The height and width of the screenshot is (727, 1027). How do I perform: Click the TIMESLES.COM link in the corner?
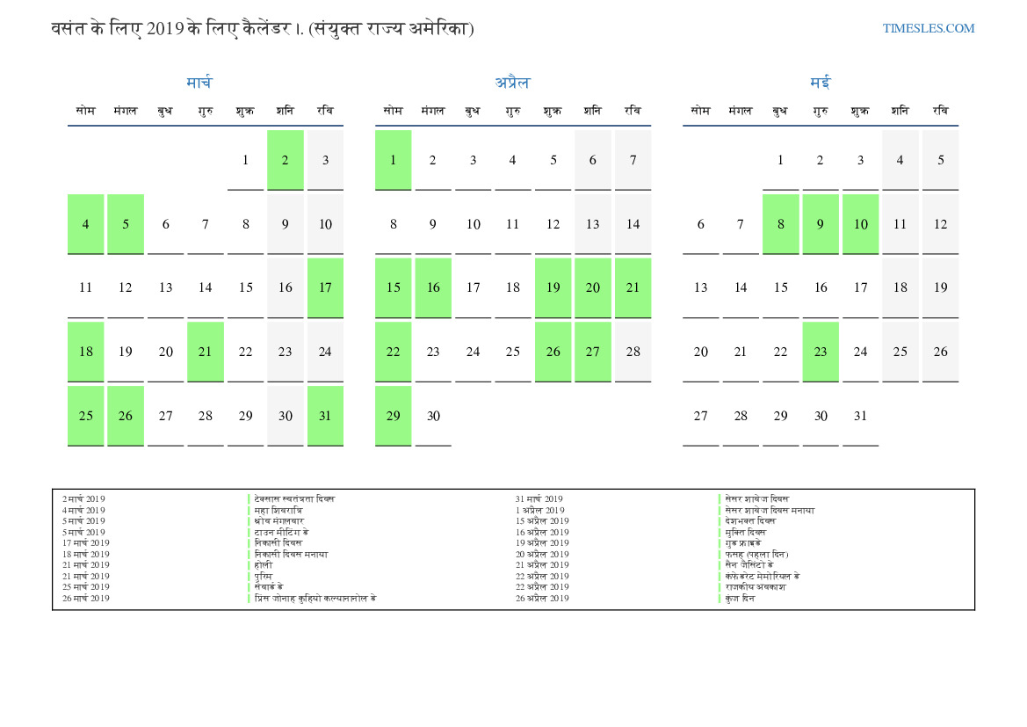(929, 28)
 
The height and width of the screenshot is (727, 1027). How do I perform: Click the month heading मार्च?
(199, 83)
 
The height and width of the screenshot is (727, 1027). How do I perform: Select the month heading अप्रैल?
(512, 83)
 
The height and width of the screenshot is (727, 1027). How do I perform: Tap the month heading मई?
(820, 83)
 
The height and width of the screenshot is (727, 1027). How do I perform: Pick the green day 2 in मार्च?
(286, 160)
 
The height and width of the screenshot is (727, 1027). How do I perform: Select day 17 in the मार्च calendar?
(325, 287)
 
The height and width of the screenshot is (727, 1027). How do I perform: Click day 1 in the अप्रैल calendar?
(393, 160)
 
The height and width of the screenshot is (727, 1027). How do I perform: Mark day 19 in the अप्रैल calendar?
(553, 287)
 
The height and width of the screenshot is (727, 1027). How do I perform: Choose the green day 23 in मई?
(821, 352)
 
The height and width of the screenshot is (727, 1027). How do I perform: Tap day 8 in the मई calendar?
(780, 224)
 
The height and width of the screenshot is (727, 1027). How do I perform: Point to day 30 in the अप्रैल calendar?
(433, 416)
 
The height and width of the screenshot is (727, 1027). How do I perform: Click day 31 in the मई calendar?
(860, 416)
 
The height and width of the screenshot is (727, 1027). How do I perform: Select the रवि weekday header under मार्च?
(325, 111)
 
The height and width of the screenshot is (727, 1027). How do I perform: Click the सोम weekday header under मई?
(700, 111)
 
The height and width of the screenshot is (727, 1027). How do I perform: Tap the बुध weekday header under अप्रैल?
(473, 111)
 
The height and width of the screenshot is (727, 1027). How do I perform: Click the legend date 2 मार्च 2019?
(83, 499)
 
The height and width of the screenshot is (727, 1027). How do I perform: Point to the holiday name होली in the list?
(264, 565)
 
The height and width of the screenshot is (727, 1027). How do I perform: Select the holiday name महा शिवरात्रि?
(278, 511)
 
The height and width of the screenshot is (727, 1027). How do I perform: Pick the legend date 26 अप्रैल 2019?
(542, 599)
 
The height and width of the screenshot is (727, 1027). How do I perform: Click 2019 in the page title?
(165, 28)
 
